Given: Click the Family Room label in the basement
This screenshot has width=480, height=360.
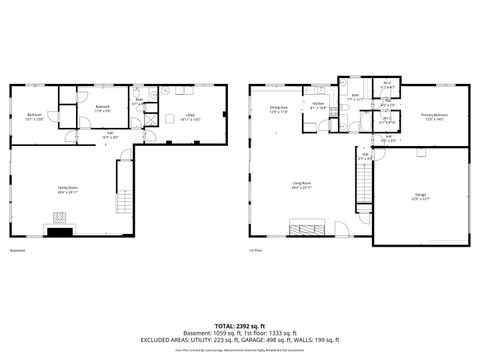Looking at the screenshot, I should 67,191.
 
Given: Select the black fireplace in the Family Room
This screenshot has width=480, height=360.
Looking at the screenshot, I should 61,231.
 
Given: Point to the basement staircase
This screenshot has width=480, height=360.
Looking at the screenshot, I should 124,200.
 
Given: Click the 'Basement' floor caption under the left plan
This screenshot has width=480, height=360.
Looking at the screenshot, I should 17,250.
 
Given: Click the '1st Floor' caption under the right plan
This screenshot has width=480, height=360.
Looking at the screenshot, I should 256,250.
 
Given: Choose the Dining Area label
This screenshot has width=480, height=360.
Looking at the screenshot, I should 278,108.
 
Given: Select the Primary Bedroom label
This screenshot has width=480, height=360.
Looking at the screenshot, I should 434,117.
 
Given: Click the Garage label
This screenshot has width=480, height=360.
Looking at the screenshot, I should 420,195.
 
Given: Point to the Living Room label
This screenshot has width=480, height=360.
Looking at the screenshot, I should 300,185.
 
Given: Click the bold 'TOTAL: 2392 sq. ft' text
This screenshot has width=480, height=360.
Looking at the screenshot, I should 241,325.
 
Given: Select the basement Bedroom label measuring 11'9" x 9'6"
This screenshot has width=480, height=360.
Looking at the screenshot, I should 102,108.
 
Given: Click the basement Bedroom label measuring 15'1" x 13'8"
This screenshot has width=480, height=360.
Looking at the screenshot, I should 34,117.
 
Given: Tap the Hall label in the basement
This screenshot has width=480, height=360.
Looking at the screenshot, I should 110,134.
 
